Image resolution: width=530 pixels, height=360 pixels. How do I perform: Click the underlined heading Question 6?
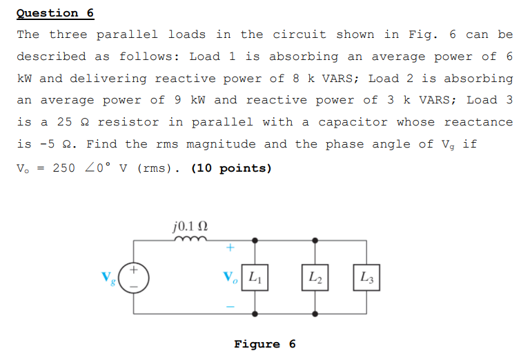click(x=55, y=13)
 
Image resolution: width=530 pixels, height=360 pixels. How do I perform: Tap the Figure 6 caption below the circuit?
click(x=265, y=344)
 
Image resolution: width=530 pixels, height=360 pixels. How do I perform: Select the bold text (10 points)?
click(x=231, y=168)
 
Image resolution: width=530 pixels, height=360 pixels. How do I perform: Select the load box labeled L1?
click(x=255, y=277)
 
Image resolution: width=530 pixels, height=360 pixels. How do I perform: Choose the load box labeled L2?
click(x=315, y=277)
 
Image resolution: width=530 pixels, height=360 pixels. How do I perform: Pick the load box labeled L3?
click(x=366, y=277)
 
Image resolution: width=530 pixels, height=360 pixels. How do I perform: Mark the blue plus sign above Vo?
click(x=231, y=248)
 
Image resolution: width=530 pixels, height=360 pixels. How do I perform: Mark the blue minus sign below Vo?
click(x=231, y=306)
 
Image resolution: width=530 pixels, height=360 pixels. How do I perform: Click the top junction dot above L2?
click(x=315, y=240)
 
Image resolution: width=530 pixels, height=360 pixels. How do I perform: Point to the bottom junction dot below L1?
click(x=255, y=314)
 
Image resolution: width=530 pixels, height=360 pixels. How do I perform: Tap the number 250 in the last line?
click(x=63, y=168)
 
